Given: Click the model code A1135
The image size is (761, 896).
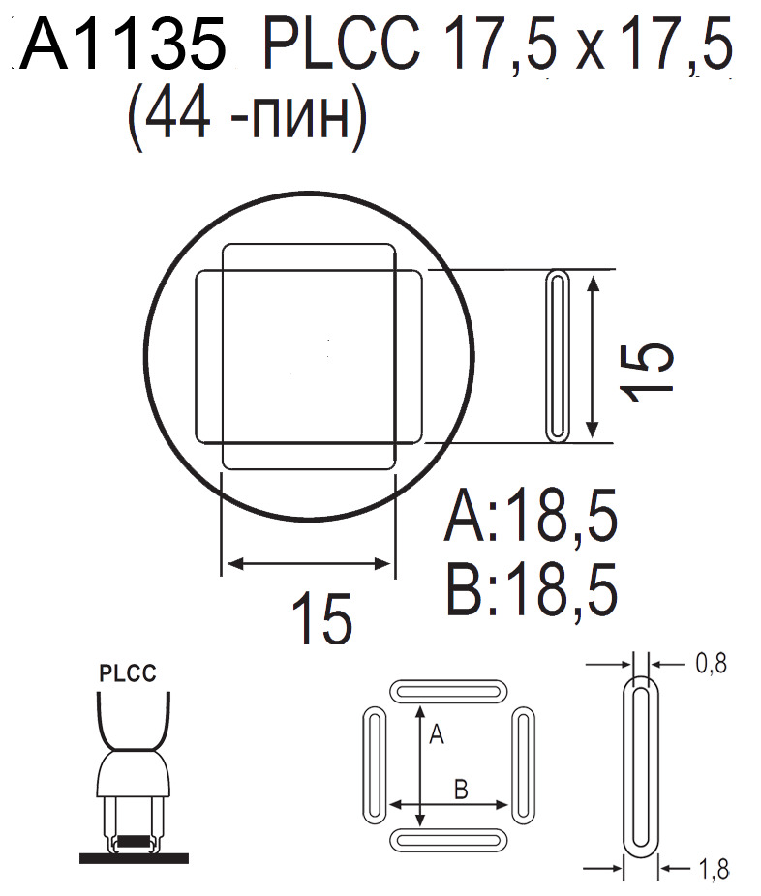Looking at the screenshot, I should coord(124,46).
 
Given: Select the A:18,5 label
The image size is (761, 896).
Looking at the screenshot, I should coord(531,521).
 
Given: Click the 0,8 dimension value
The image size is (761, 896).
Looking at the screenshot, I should coord(711,664).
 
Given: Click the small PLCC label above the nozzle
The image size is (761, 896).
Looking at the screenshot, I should coord(128,674).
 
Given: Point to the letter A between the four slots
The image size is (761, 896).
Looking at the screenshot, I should coord(436,735).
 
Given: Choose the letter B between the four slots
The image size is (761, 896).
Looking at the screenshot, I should coord(462,789).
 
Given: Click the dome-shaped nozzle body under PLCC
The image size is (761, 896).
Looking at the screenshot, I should coord(134,774).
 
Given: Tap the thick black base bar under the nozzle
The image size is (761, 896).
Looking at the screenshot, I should coord(134,857).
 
